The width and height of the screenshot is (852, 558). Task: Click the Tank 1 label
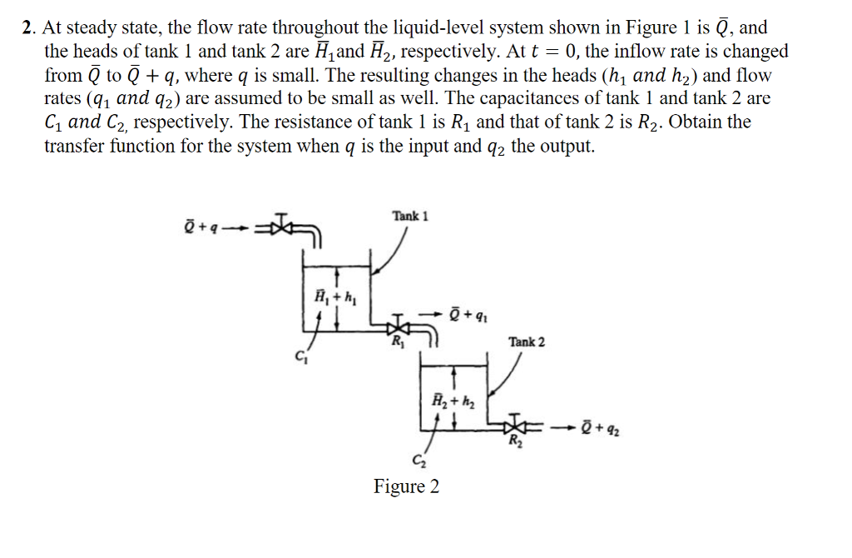(x=409, y=217)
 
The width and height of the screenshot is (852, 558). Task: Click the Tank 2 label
(x=528, y=341)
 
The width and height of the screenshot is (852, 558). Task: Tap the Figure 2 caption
(x=406, y=486)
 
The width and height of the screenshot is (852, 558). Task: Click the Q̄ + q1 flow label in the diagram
(x=466, y=316)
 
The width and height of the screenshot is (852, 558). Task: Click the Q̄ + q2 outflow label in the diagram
(x=601, y=431)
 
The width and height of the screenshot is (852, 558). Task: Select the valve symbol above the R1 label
(x=401, y=323)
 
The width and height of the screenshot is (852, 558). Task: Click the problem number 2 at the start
(x=28, y=27)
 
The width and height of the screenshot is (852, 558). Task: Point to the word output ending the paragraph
(x=566, y=146)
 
